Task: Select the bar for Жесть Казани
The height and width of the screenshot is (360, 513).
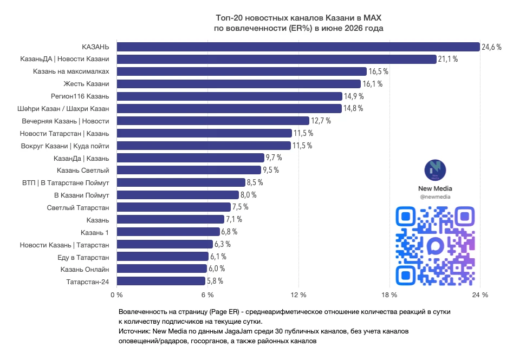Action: [x=239, y=84]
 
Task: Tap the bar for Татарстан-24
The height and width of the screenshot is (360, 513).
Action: [x=161, y=281]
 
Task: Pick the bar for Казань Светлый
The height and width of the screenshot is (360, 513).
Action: [x=189, y=170]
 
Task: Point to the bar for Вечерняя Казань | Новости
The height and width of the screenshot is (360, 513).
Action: [x=213, y=121]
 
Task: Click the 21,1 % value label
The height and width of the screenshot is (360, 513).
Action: [x=448, y=59]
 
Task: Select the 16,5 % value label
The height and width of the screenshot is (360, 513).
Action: [x=379, y=71]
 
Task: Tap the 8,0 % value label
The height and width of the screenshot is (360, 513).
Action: [x=249, y=195]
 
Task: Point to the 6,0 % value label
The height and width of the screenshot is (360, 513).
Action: [x=217, y=269]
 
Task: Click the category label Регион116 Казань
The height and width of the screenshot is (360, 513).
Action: [x=80, y=96]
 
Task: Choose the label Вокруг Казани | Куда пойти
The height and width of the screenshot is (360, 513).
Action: [x=65, y=146]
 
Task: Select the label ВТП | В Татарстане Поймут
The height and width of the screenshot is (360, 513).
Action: [x=66, y=183]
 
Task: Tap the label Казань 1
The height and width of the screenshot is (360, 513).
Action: [x=95, y=232]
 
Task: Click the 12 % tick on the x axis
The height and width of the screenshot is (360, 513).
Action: [x=298, y=295]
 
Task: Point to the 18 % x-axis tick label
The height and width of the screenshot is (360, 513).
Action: [x=389, y=295]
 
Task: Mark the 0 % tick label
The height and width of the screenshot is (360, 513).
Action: [x=117, y=295]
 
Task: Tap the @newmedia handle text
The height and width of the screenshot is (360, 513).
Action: [x=435, y=197]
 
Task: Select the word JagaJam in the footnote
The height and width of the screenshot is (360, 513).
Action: [x=238, y=331]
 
